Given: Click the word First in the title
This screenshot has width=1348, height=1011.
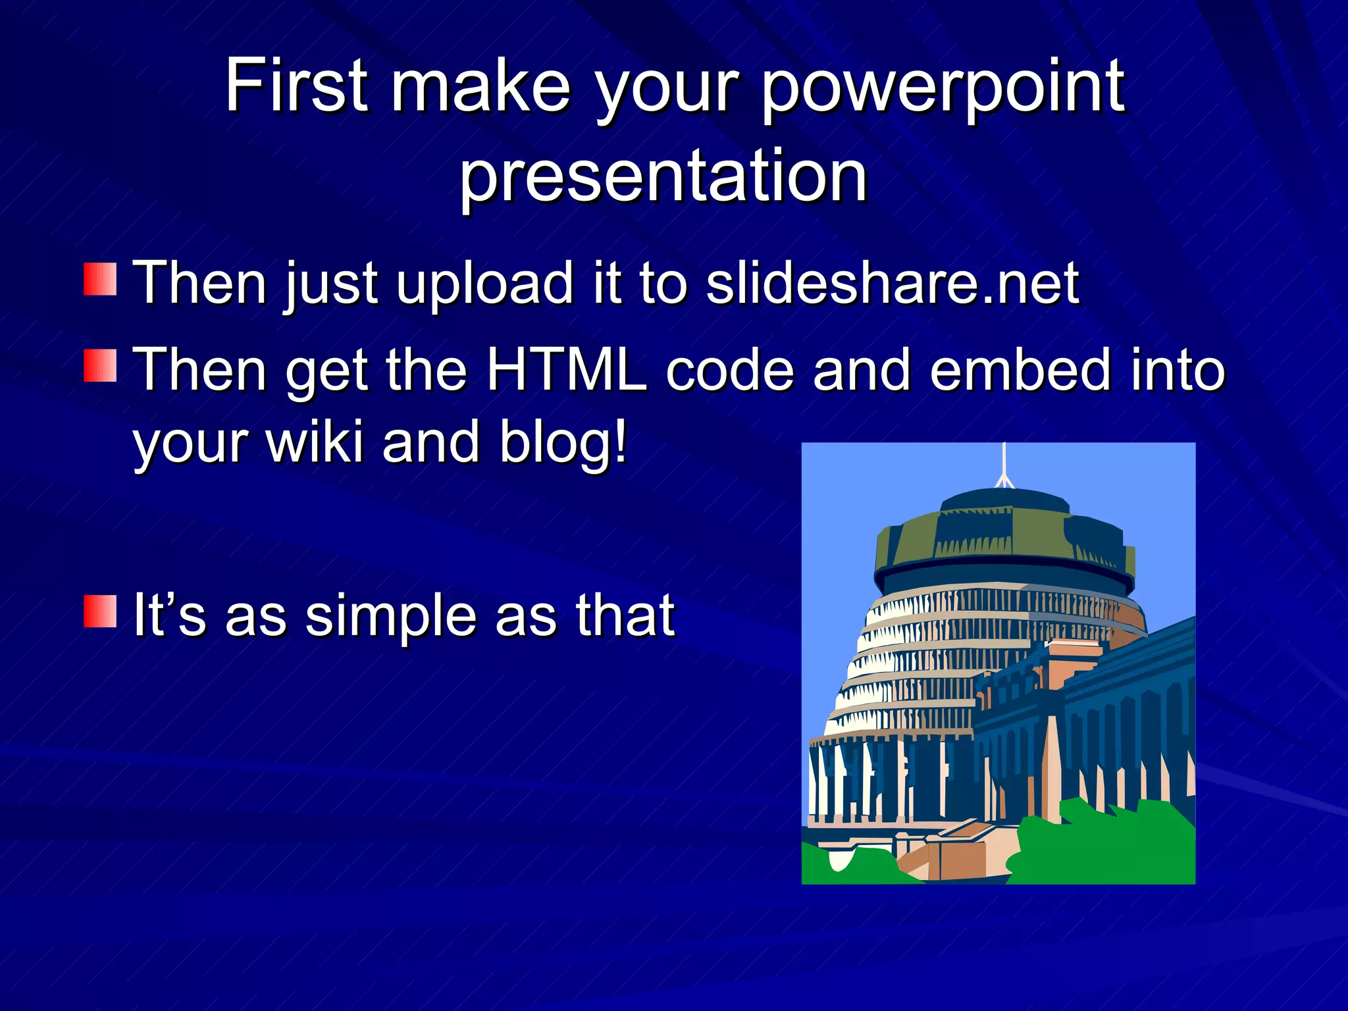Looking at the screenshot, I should (296, 86).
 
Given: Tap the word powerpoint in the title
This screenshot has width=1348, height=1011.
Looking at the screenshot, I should (943, 89).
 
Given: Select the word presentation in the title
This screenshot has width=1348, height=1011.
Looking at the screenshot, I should (663, 176).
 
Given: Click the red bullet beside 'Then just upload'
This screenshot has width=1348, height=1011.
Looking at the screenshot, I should (100, 279).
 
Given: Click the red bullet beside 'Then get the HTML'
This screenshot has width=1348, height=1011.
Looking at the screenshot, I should (100, 366).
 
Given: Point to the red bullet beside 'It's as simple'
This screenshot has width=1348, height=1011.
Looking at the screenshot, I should (100, 611).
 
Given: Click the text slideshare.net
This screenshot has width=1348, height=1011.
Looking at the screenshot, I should (892, 283).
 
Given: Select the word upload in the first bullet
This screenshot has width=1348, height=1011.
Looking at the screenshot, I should (484, 284).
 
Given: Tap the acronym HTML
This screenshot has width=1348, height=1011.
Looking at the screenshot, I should (566, 370).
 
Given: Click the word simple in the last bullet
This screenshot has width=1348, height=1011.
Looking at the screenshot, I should (390, 617).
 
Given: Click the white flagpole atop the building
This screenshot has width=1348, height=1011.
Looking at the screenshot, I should (1004, 465).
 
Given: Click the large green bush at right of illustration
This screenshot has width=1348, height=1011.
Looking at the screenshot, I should (1106, 846).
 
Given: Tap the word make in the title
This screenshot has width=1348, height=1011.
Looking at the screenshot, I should (480, 86).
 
